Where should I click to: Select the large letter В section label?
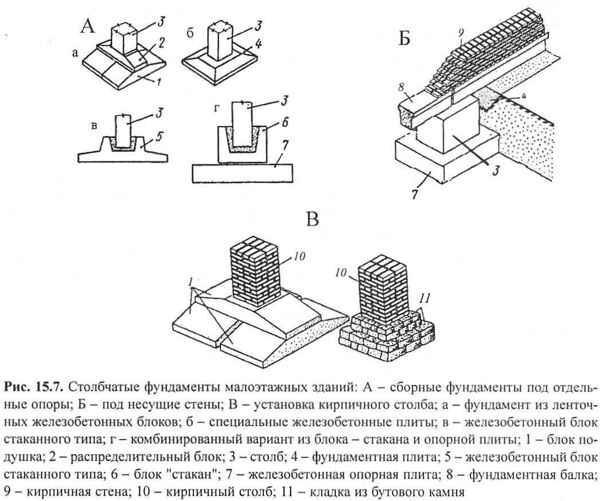[312, 219]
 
